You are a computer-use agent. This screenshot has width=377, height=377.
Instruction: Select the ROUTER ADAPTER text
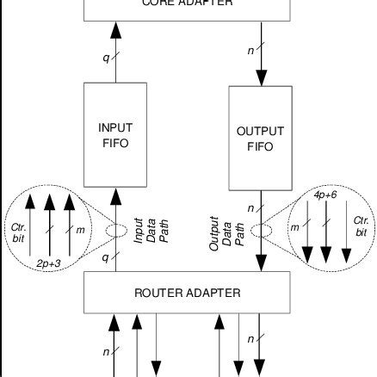click(x=188, y=294)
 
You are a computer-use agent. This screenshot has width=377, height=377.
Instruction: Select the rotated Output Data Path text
click(x=227, y=233)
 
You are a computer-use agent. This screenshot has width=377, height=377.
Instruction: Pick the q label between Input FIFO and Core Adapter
click(x=105, y=58)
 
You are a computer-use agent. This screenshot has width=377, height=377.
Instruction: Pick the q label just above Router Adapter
click(x=105, y=257)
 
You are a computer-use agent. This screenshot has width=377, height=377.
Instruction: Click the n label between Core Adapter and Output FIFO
click(x=250, y=52)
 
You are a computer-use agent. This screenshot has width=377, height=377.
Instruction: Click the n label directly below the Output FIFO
click(x=250, y=207)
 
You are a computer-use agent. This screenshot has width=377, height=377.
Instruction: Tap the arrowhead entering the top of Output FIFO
click(x=259, y=80)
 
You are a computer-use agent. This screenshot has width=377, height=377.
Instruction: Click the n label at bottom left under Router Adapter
click(x=105, y=352)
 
